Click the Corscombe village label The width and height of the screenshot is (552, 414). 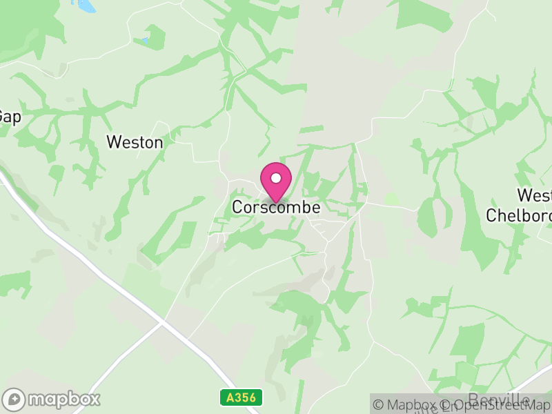coord(276,207)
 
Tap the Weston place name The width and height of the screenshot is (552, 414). coord(135,143)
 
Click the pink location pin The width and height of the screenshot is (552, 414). coord(276,181)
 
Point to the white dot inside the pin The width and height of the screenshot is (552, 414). coord(276,178)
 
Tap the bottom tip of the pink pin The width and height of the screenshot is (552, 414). coord(276,202)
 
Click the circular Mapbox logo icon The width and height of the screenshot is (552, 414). coord(14,399)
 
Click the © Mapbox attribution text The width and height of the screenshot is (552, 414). coord(407,405)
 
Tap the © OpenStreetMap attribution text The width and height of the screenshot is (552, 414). coord(497,405)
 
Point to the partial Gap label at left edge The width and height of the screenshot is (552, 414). coord(10,117)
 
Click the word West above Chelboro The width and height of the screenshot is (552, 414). coord(534,196)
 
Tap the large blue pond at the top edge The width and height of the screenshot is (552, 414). coord(86,6)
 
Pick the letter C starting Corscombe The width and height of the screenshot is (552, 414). coord(237,207)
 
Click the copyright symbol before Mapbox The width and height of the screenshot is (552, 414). coord(379,405)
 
